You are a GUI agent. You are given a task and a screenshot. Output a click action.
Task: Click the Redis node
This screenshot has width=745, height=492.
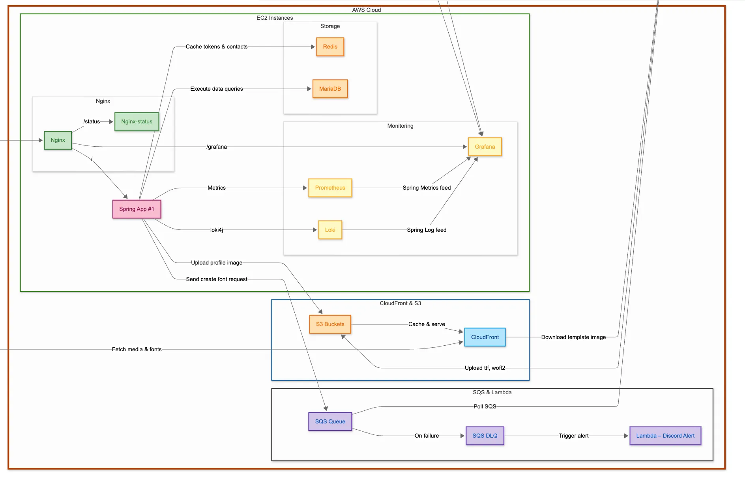pos(330,47)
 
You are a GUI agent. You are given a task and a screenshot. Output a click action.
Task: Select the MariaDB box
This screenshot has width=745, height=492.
pos(330,89)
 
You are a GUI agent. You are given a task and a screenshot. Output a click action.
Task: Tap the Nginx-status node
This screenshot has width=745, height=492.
pos(137,122)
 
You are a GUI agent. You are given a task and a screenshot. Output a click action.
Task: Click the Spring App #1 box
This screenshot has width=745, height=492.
pos(137,209)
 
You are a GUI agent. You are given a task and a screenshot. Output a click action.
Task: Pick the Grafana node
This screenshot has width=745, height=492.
pos(485,147)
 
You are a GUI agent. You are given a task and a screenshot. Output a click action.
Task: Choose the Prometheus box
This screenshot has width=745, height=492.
pos(330,188)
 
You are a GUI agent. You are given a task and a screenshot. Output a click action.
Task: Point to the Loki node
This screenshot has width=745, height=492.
pos(330,230)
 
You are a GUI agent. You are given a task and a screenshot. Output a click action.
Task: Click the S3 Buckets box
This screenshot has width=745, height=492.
pos(330,324)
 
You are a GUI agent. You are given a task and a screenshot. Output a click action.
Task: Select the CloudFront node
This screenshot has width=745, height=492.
pos(485,337)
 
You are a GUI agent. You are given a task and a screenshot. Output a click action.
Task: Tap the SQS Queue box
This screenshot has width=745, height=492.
pos(330,422)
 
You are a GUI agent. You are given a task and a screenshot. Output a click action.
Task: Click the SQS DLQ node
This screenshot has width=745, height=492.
pos(485,436)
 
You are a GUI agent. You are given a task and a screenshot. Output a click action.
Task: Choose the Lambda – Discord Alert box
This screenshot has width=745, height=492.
pos(665,436)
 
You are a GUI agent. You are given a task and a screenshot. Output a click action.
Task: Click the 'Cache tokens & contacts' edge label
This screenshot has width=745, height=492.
pos(217,47)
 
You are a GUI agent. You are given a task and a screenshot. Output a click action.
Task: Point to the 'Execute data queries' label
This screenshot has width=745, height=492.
pos(217,89)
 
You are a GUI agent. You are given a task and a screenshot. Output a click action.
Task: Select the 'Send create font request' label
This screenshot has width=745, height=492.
pos(217,280)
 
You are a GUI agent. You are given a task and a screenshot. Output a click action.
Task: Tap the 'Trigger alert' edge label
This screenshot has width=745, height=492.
pos(573,436)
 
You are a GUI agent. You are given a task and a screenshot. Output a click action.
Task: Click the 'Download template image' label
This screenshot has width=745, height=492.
pos(573,337)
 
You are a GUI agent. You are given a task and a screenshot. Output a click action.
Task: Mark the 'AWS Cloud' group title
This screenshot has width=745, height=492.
pos(366,10)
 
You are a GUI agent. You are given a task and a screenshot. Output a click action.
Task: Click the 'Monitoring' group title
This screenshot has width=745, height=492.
pos(400,126)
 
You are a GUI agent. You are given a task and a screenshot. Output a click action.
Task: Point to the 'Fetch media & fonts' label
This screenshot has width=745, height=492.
pos(137,350)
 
